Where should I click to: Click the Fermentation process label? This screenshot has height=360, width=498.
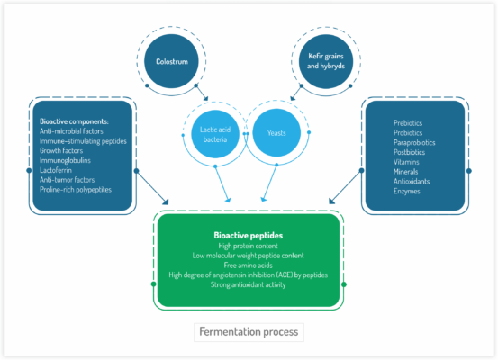(249, 331)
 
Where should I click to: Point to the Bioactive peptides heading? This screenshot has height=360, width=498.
(248, 235)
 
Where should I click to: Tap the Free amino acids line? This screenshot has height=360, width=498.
(248, 265)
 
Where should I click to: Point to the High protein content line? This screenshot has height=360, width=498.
(248, 246)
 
